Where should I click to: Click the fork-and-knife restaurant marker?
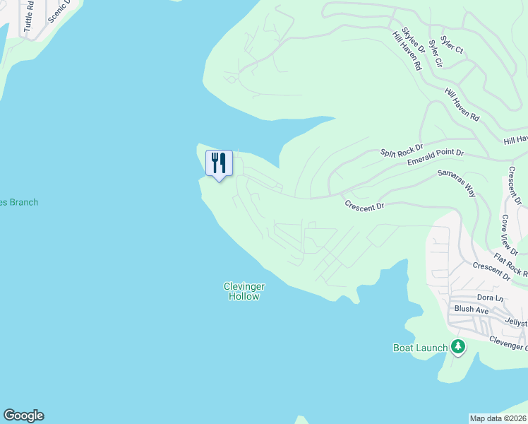point(219,163)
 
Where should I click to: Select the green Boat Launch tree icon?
point(459,346)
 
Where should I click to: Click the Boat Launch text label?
point(420,348)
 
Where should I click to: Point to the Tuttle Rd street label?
point(29,16)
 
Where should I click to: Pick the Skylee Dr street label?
point(414,40)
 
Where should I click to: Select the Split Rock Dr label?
point(401,151)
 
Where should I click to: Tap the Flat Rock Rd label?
point(510,265)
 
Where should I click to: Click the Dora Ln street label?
point(490,298)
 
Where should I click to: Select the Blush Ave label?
point(472,310)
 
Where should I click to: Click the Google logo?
point(23,416)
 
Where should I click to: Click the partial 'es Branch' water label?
point(19,202)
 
